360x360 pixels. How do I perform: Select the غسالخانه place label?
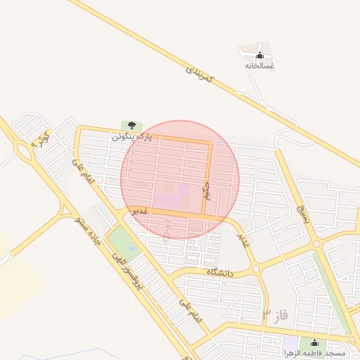[x=259, y=65]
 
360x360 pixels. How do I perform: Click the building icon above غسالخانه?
[x=259, y=56]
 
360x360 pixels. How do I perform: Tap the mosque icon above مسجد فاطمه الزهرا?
[x=313, y=342]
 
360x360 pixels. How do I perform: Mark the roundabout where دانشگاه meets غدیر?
[x=255, y=269]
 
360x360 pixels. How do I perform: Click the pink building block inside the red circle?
[x=169, y=198]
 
